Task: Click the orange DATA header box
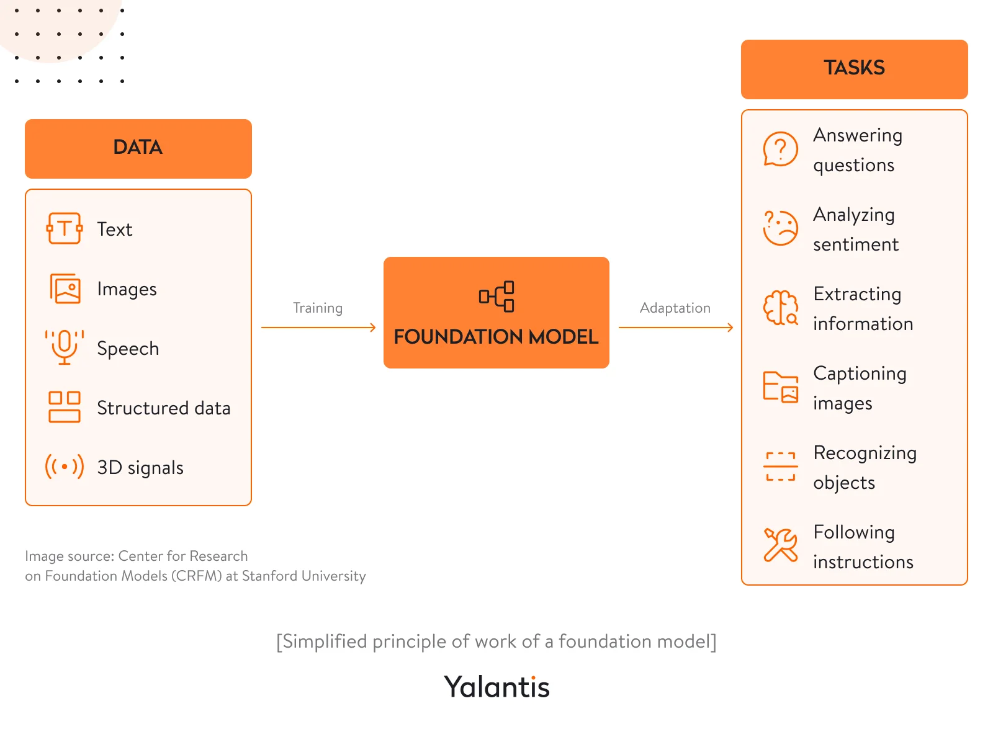[x=138, y=148]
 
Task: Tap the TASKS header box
[x=854, y=69]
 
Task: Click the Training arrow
[x=318, y=328]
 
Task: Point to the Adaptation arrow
[x=675, y=328]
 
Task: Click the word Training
[x=318, y=308]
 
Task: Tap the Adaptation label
[x=675, y=308]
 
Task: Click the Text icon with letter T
[x=65, y=229]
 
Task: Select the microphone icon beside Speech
[x=65, y=347]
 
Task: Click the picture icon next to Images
[x=65, y=288]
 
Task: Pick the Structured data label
[x=163, y=408]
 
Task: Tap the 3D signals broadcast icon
[x=65, y=467]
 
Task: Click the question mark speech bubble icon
[x=780, y=149]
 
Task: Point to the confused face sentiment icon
[x=780, y=228]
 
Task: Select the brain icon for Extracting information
[x=780, y=308]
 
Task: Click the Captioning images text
[x=859, y=388]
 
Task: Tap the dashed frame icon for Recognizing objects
[x=780, y=467]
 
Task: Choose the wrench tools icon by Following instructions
[x=780, y=545]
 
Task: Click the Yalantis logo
[x=496, y=687]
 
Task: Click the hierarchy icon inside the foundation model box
[x=496, y=297]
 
